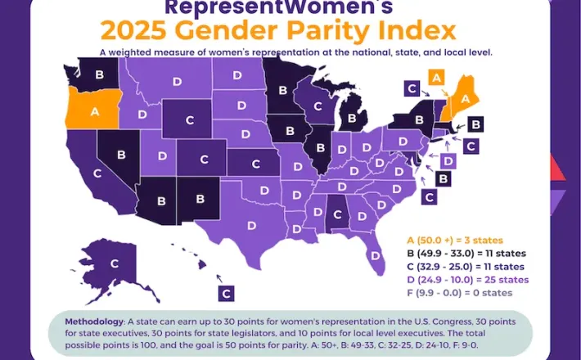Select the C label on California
coord(97,173)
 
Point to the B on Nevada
coord(122,154)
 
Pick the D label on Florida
coord(375,256)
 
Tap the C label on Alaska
coord(115,263)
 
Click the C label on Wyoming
coord(191,119)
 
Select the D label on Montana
coord(177,80)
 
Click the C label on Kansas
coord(255,164)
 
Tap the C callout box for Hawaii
coord(227,292)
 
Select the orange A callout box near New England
coord(436,77)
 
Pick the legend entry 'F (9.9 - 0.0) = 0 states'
coord(459,293)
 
